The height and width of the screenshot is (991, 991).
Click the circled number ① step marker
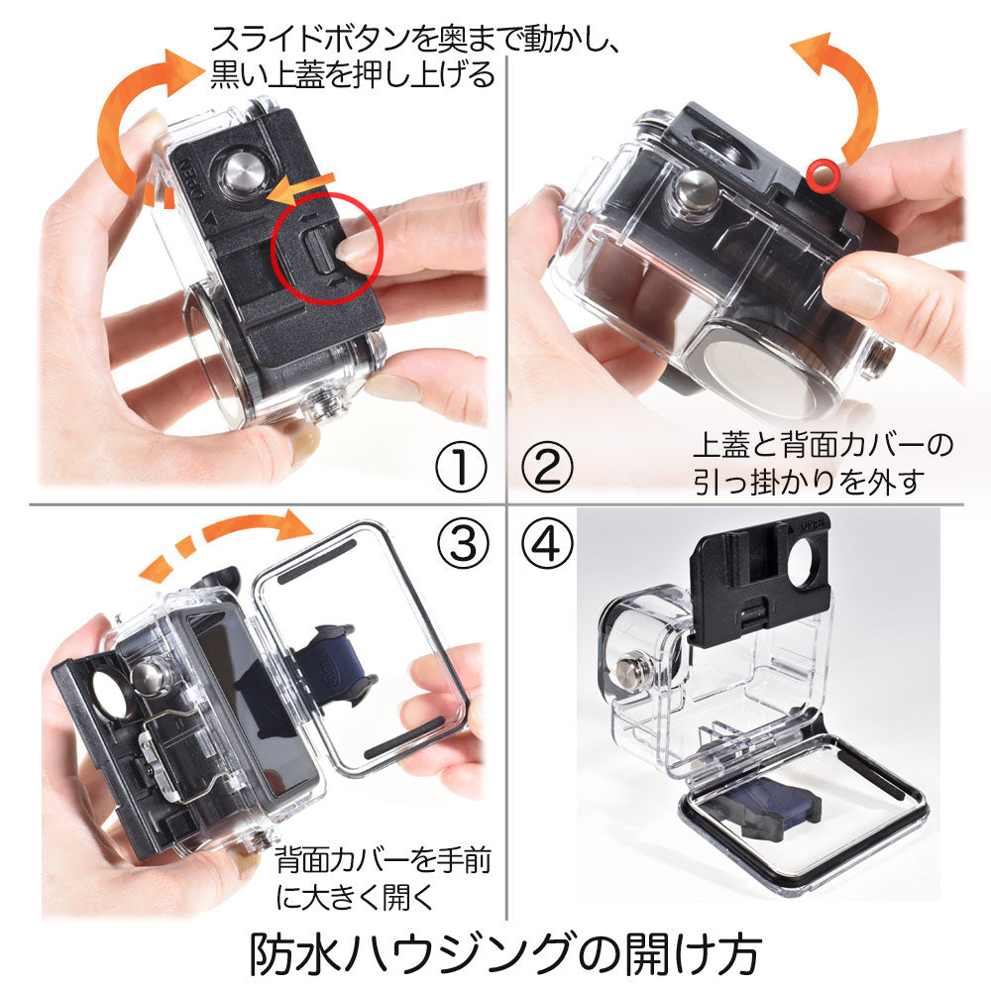click(462, 467)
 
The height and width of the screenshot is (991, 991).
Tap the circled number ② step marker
click(547, 467)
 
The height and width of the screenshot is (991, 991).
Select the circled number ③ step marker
click(462, 543)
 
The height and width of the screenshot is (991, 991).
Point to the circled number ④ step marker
click(547, 543)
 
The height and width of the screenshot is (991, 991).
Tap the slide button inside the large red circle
click(320, 251)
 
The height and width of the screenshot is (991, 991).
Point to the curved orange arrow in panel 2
click(854, 95)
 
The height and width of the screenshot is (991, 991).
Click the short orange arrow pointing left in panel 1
click(301, 188)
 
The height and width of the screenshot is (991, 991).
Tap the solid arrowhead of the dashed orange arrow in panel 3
click(294, 524)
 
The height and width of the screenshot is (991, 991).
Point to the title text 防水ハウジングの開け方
click(505, 953)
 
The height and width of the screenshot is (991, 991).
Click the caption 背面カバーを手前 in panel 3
click(383, 860)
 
